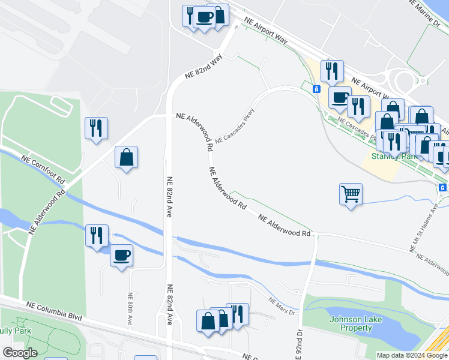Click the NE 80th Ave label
click(x=130, y=308)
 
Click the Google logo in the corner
click(x=20, y=353)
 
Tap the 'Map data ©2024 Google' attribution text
click(x=412, y=355)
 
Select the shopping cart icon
click(x=351, y=194)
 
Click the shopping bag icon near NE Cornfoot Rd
click(x=126, y=158)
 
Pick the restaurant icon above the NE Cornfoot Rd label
click(x=96, y=128)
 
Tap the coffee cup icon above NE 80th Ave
click(x=121, y=256)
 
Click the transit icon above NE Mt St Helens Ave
click(x=443, y=187)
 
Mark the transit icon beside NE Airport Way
click(x=316, y=89)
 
